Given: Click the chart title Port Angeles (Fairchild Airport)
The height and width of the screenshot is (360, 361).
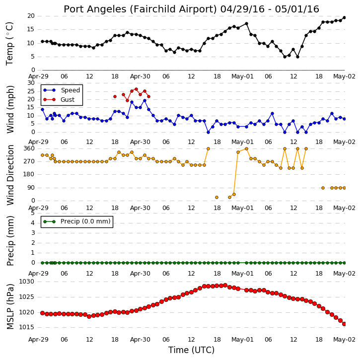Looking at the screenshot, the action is click(140, 9).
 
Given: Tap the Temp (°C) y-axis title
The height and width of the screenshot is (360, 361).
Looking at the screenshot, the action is click(9, 44).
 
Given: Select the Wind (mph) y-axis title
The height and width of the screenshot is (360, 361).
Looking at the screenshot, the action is click(10, 109).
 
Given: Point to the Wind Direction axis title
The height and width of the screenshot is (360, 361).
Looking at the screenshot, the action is click(10, 175).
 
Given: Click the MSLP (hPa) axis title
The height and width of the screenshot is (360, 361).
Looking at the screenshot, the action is click(10, 306).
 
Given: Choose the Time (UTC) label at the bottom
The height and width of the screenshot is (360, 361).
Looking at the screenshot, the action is click(191, 350).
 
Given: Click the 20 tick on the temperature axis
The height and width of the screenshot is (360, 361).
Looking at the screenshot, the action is click(31, 16).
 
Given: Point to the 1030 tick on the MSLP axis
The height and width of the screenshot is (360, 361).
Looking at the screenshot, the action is click(26, 282).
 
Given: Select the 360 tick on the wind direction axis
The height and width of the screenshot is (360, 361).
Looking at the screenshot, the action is click(29, 148).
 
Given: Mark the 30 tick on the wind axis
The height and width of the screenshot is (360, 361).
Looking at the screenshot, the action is click(31, 83).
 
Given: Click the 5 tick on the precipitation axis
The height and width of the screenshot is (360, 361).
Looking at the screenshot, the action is click(33, 213).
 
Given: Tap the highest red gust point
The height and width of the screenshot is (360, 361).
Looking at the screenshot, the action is click(136, 89).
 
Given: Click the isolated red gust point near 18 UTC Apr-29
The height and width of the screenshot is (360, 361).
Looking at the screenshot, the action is click(115, 97).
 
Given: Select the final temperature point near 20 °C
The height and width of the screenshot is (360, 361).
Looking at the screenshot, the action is click(345, 17).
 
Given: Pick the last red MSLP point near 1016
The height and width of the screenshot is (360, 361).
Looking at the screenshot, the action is click(345, 324).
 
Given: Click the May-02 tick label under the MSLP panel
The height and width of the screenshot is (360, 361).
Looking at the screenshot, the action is click(345, 340).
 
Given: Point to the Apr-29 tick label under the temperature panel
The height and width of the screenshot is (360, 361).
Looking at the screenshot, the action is click(38, 76).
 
